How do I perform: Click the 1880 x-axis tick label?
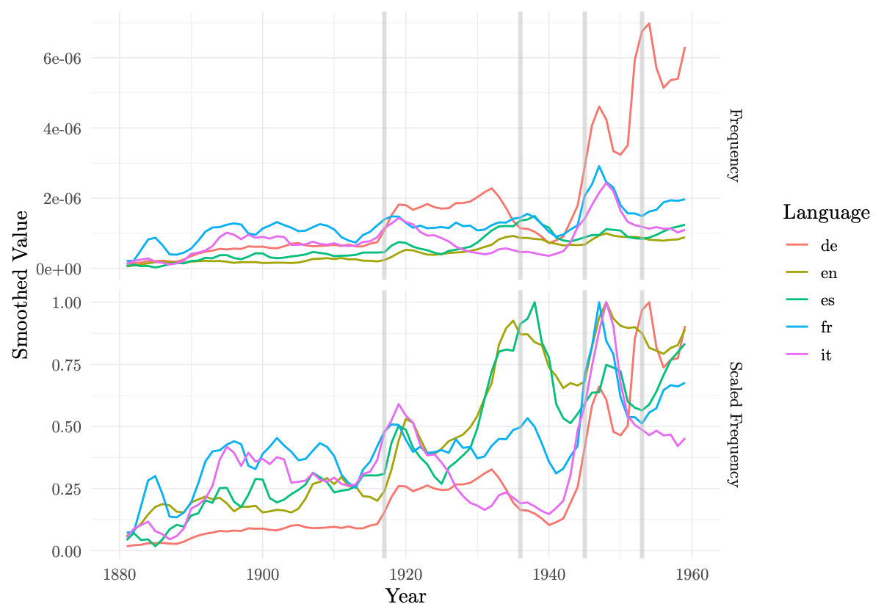(x=120, y=573)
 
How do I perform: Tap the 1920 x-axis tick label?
(x=405, y=573)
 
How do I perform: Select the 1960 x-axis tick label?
(x=692, y=573)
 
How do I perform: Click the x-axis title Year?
(x=405, y=595)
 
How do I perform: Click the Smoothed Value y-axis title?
(x=22, y=284)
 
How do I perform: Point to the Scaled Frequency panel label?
(x=733, y=423)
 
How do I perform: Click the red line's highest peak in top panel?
(x=649, y=23)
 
